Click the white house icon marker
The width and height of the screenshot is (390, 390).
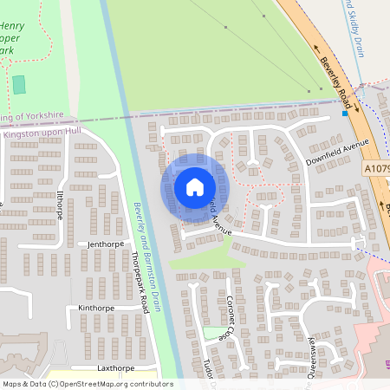pos(195,186)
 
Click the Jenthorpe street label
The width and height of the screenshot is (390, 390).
pos(107,244)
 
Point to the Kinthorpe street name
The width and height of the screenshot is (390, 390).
pos(96,308)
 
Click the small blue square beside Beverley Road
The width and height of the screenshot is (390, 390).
pos(345,113)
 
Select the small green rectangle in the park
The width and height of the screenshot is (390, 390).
pos(19,84)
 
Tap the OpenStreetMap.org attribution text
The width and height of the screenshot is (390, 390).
pos(121,383)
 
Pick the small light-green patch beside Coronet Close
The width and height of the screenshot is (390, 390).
pos(211,332)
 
